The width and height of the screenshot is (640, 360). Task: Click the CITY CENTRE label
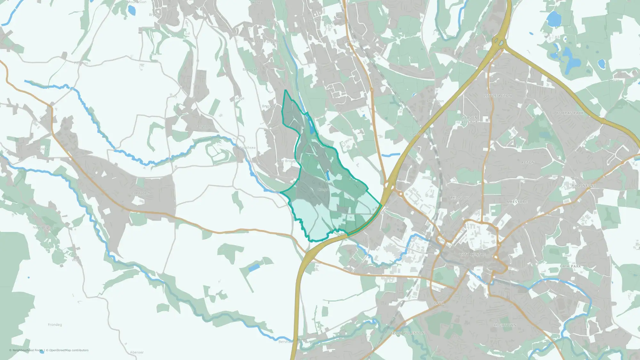point(473,254)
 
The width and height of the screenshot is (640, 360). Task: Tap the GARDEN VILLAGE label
point(469,120)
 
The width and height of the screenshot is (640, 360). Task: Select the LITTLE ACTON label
point(498,96)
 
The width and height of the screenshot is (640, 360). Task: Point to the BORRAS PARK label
point(570,113)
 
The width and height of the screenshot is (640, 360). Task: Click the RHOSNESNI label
point(583,186)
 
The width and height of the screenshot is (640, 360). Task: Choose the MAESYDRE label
point(517,202)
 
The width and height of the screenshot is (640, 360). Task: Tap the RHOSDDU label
point(460,198)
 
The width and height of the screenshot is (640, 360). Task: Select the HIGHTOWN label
point(505,325)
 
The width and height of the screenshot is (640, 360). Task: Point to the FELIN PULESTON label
point(407,333)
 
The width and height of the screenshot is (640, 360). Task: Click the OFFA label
point(439,303)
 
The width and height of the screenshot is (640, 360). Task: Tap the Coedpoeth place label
point(140,193)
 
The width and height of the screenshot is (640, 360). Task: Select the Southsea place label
point(248,148)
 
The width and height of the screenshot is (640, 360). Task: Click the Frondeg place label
point(55,324)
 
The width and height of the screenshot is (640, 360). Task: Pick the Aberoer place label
point(137,352)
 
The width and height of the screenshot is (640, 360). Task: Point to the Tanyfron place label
point(203,127)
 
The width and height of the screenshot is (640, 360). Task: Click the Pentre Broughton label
point(269,42)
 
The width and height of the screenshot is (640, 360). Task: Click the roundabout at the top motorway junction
point(498,41)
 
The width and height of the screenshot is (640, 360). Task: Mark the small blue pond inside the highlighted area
point(328,176)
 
